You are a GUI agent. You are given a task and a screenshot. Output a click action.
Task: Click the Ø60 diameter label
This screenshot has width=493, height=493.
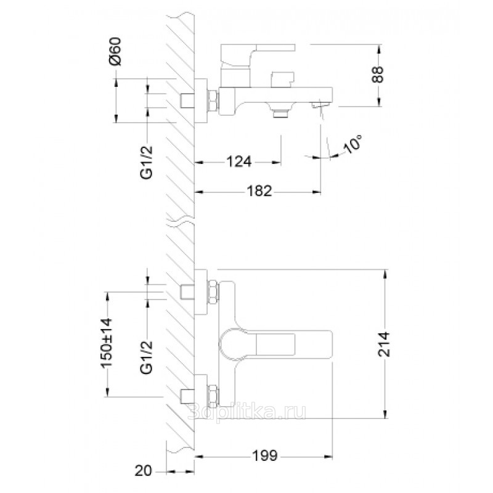pyautogui.click(x=115, y=51)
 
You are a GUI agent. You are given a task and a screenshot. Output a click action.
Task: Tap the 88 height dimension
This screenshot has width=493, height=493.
pyautogui.click(x=378, y=75)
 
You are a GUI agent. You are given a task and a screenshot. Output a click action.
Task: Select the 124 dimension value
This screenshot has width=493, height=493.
pyautogui.click(x=239, y=161)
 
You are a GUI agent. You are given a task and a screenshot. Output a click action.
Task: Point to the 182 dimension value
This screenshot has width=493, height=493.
pyautogui.click(x=259, y=191)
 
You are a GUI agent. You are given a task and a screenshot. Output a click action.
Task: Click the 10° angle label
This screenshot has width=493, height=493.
pyautogui.click(x=352, y=144)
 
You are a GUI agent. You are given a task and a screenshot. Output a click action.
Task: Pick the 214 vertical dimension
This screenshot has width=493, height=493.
pyautogui.click(x=383, y=344)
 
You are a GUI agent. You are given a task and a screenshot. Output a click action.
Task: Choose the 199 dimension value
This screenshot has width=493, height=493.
pyautogui.click(x=264, y=455)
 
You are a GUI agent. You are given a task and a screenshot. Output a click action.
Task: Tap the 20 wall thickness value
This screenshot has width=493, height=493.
pyautogui.click(x=144, y=471)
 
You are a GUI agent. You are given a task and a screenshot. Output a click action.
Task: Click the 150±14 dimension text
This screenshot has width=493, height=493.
pyautogui.click(x=106, y=343)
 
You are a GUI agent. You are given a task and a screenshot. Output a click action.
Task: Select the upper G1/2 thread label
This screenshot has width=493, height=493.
pyautogui.click(x=147, y=163)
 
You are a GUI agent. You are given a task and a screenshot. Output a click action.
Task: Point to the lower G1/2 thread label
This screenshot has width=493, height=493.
pyautogui.click(x=147, y=357)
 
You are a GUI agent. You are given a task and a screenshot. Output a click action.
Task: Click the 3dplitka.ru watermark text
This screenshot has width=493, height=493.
pyautogui.click(x=247, y=412)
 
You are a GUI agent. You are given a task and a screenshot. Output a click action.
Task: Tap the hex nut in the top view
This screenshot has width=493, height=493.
pyautogui.click(x=212, y=100)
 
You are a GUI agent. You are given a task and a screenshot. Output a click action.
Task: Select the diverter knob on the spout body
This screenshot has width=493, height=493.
pyautogui.click(x=282, y=79)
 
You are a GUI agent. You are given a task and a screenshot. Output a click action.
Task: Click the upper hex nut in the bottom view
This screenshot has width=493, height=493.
pyautogui.click(x=212, y=292)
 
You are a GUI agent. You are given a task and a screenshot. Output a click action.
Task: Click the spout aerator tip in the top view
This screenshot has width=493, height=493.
pyautogui.click(x=320, y=104)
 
